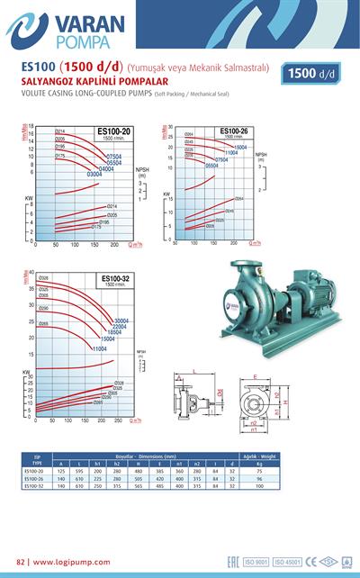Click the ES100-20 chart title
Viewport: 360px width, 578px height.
tap(113, 132)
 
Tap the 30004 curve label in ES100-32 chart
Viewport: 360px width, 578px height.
tap(122, 321)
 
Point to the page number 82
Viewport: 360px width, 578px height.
tap(22, 562)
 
